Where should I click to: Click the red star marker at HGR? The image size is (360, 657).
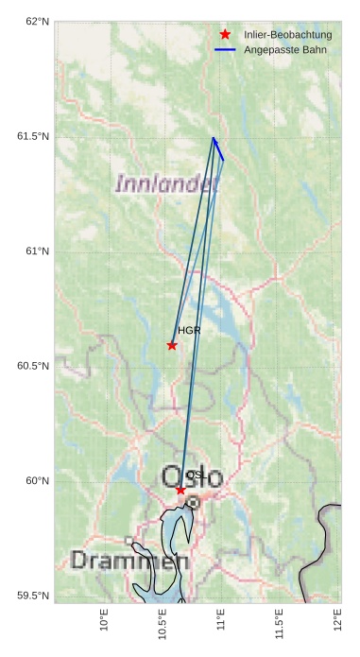point(172,345)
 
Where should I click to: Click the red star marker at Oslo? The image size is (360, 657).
point(180,490)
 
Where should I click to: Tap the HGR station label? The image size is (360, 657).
point(189,331)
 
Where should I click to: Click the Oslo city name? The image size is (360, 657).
point(192,477)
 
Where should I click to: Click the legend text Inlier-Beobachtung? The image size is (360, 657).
point(287,35)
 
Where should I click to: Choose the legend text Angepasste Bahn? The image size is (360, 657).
point(284,48)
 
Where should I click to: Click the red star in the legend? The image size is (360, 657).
point(225,35)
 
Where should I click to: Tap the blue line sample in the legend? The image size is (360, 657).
point(225,48)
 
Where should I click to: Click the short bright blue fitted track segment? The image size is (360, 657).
point(218,149)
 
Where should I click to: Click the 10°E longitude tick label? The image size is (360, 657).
point(105,625)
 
